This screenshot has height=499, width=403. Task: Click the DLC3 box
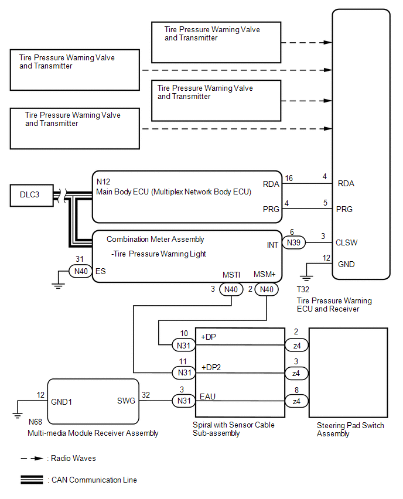click(32, 196)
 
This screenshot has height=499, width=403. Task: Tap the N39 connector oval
click(293, 242)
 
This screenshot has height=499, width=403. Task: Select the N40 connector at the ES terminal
click(81, 271)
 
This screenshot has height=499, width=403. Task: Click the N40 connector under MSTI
click(231, 289)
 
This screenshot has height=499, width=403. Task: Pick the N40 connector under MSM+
click(267, 289)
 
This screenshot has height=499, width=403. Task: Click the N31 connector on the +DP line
click(184, 346)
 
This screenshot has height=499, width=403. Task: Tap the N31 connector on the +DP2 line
click(184, 372)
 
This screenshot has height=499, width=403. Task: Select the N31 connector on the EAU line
click(184, 401)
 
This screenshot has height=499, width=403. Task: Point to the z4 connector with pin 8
click(296, 401)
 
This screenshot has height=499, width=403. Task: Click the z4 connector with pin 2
click(296, 346)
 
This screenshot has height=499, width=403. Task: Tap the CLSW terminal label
click(346, 243)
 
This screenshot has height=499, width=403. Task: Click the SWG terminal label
click(126, 401)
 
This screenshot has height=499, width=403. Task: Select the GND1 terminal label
click(62, 402)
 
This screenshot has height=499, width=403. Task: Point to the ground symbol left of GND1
click(17, 413)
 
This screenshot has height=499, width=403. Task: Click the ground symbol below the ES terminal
click(58, 285)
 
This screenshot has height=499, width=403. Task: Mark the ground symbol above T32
click(306, 278)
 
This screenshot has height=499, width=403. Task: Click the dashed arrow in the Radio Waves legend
click(32, 458)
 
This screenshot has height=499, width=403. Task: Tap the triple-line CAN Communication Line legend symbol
click(32, 480)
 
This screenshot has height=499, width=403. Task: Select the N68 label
click(35, 422)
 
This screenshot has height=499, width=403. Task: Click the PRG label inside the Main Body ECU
click(271, 209)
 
